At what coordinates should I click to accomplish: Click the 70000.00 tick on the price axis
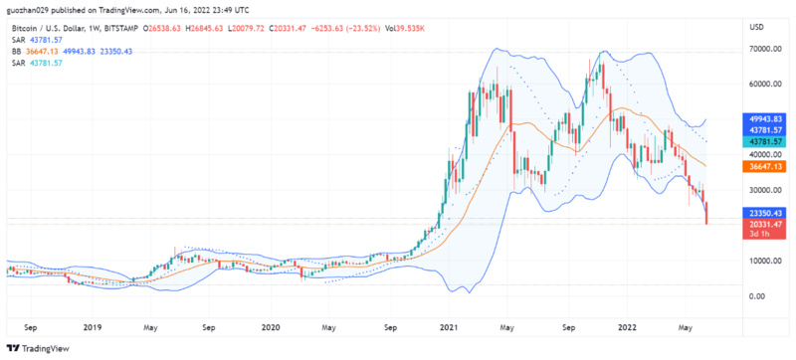point(763,48)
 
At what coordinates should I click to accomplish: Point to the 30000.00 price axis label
point(763,190)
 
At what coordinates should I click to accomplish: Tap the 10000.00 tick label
point(763,261)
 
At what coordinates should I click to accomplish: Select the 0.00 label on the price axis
point(759,296)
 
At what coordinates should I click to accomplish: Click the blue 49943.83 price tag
point(763,117)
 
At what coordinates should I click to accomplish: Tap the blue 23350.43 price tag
point(763,213)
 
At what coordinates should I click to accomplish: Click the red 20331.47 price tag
point(763,225)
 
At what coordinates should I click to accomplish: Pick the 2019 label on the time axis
point(93,325)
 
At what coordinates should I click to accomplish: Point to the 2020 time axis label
point(272,325)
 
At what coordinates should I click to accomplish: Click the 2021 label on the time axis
point(449,325)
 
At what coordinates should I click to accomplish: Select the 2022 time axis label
point(627,325)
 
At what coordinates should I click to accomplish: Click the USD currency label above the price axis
point(757,26)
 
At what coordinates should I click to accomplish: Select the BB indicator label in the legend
point(16,50)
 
